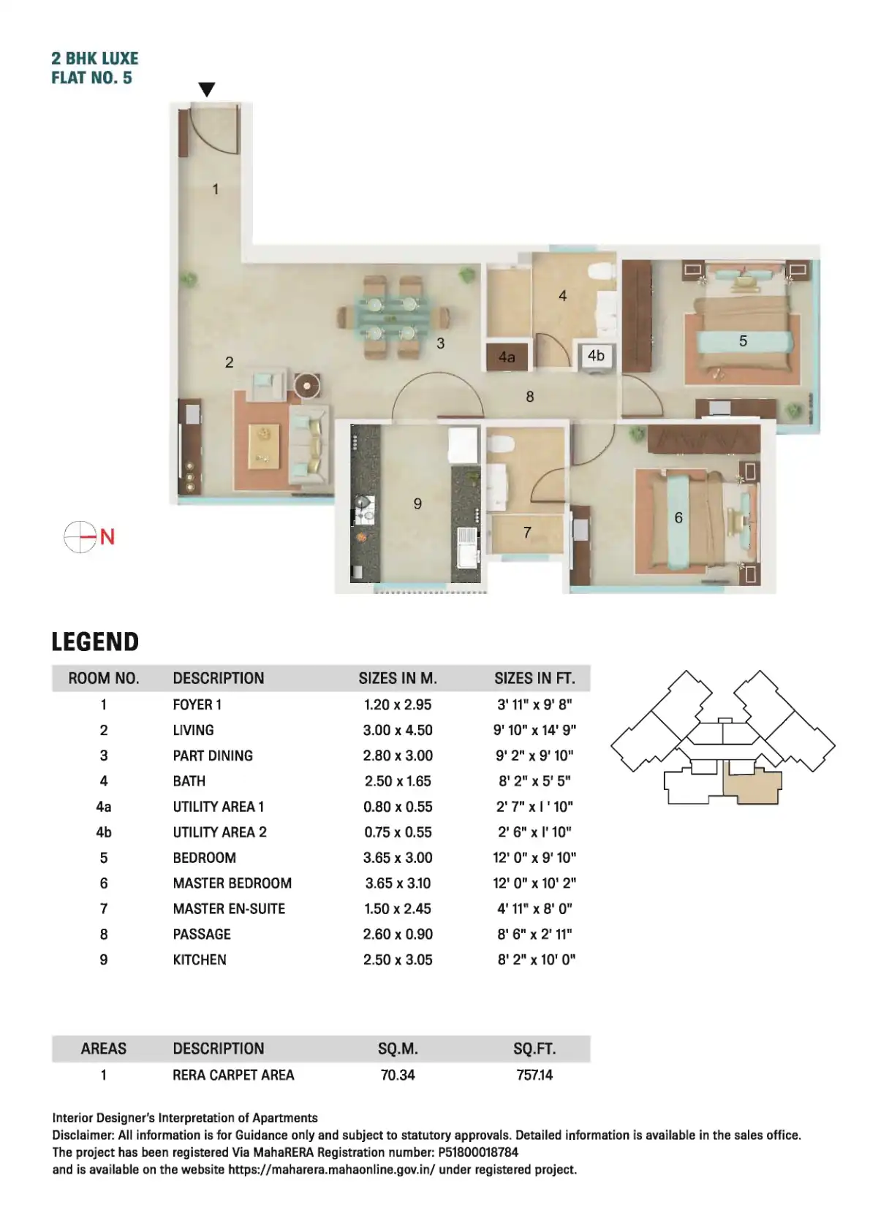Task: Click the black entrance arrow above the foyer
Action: coord(206,89)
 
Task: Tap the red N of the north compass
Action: coord(107,536)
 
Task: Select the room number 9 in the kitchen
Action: coord(417,503)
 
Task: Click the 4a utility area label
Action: coord(507,357)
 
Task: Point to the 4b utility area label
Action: coord(596,355)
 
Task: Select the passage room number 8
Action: coord(529,396)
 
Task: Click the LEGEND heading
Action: coord(95,642)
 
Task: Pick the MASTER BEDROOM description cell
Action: coord(232,883)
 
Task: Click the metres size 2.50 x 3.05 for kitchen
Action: coord(398,959)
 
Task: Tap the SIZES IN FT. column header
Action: coord(534,678)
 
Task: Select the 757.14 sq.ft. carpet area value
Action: coord(534,1074)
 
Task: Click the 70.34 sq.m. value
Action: coord(398,1074)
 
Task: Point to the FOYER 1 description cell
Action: coord(197,704)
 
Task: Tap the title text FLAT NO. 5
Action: coord(91,77)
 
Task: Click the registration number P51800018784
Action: coord(477,1152)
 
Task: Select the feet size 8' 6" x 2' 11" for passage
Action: coord(534,934)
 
